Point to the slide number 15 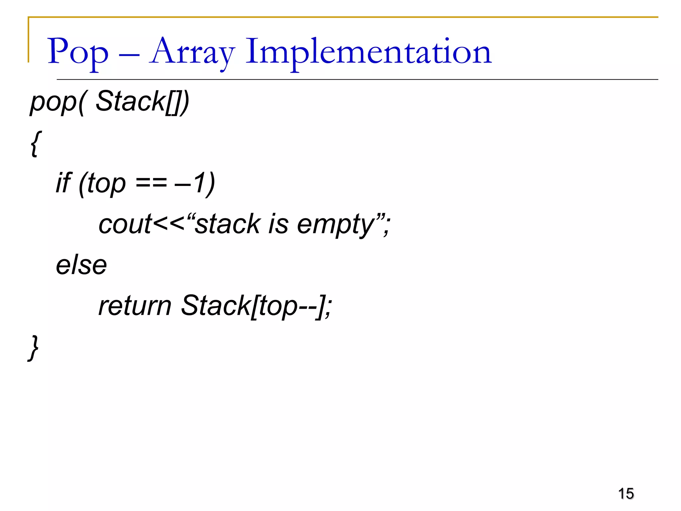pyautogui.click(x=626, y=493)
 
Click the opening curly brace pyautogui.click(x=36, y=143)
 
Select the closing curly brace pyautogui.click(x=34, y=348)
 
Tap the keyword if pyautogui.click(x=63, y=183)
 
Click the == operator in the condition pyautogui.click(x=151, y=184)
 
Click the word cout pyautogui.click(x=125, y=224)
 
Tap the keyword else pyautogui.click(x=81, y=265)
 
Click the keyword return pyautogui.click(x=135, y=306)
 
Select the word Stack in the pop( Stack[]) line pyautogui.click(x=130, y=101)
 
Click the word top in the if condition pyautogui.click(x=107, y=184)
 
